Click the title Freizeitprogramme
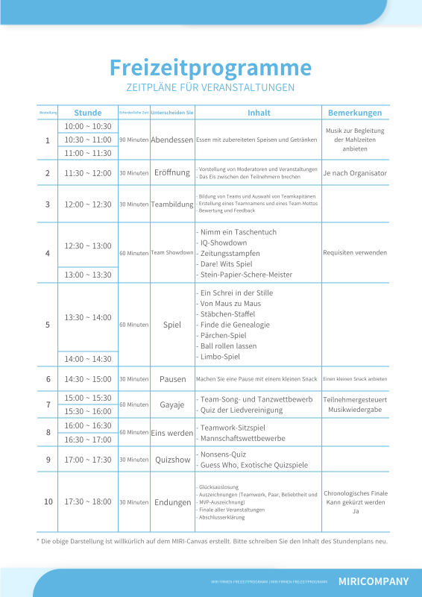click(210, 67)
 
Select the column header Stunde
click(88, 113)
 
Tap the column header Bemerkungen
click(355, 113)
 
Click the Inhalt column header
click(259, 113)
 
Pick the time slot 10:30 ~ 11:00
click(88, 140)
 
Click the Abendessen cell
click(171, 140)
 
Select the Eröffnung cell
click(171, 172)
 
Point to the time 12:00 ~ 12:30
click(88, 204)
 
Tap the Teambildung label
click(171, 204)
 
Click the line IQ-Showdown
click(224, 243)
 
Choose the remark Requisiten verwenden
click(355, 252)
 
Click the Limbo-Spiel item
click(221, 357)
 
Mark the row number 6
click(48, 379)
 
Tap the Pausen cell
click(172, 379)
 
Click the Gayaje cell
click(171, 404)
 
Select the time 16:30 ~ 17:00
click(88, 439)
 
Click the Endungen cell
click(172, 502)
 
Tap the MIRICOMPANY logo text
click(374, 581)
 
